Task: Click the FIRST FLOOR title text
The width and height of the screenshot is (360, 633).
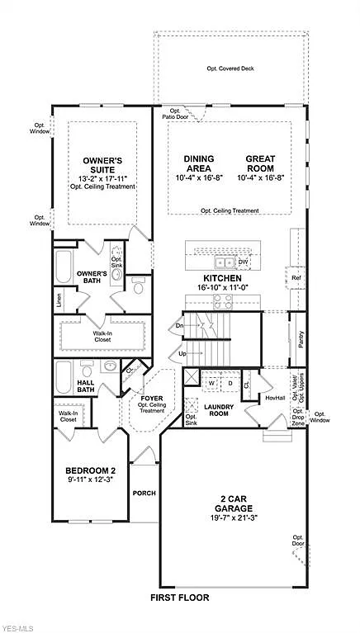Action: tap(180, 597)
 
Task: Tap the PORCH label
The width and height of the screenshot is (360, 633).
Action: tap(144, 494)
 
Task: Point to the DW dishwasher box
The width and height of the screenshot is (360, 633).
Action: tap(243, 262)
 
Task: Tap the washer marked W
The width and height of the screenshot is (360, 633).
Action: tap(211, 383)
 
